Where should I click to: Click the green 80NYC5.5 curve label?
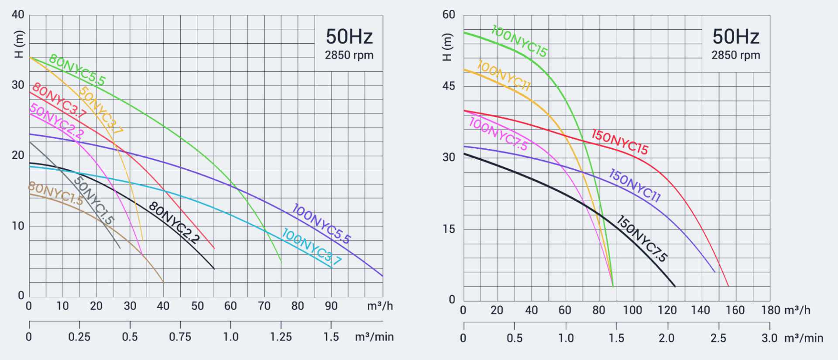(77, 70)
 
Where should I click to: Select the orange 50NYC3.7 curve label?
(101, 110)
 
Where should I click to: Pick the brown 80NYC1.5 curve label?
(55, 193)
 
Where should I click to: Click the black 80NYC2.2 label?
(174, 222)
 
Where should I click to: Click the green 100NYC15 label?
(519, 41)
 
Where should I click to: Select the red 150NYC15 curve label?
(620, 142)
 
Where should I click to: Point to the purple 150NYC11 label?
(635, 185)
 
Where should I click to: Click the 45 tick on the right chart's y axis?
(449, 86)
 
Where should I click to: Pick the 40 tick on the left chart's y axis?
(18, 15)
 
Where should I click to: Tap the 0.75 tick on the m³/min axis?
(180, 337)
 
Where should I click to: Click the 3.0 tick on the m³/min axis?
(769, 338)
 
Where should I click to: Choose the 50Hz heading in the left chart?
(349, 37)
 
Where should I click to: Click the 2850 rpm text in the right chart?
(736, 55)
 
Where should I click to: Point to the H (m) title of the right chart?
(447, 47)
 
